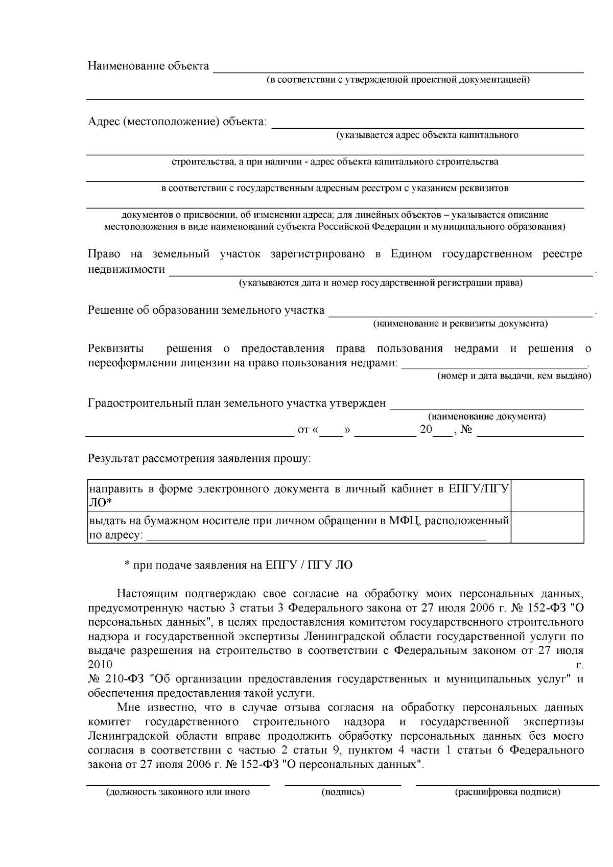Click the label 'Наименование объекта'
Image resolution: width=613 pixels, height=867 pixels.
(x=148, y=66)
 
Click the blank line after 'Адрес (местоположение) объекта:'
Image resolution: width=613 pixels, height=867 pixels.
(x=427, y=125)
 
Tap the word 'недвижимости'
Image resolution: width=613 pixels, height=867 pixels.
(x=126, y=270)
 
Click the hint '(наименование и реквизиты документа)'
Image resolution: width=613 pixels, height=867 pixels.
(x=460, y=324)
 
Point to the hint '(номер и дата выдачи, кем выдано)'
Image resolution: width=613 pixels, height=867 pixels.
(x=513, y=376)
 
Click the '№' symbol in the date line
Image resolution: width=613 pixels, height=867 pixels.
(x=466, y=430)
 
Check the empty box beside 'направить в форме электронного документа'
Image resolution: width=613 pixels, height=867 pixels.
(x=547, y=496)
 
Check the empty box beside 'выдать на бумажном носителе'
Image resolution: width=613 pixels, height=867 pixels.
(x=547, y=527)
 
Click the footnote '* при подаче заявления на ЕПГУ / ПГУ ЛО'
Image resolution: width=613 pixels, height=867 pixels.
(x=239, y=566)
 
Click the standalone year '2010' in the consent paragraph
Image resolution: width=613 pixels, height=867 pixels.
(x=100, y=665)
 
